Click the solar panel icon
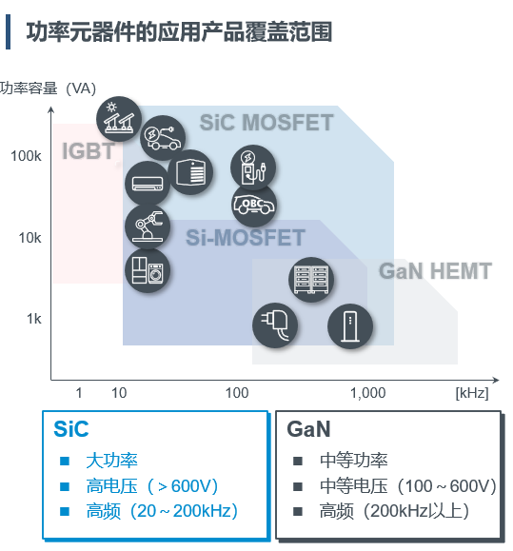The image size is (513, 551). [119, 119]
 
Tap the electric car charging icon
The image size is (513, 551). [163, 137]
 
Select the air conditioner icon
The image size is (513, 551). [148, 183]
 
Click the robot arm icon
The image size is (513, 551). [148, 226]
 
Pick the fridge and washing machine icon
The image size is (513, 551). [148, 270]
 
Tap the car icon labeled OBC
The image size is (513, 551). [254, 205]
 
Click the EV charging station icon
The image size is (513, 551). [253, 167]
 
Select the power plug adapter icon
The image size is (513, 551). [275, 325]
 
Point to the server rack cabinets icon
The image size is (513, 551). [311, 280]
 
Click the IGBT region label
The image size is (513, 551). [89, 151]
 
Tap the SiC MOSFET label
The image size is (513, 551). [266, 123]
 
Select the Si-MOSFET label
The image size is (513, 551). [246, 238]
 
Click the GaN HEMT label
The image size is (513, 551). [435, 271]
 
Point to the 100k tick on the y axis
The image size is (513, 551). [26, 156]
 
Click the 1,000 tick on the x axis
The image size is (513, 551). [368, 392]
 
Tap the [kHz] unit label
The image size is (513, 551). [472, 393]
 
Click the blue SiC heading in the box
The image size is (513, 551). [71, 429]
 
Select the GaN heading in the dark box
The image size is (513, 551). [308, 429]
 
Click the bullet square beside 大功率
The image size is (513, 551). [65, 461]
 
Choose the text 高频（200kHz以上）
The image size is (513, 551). [394, 511]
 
